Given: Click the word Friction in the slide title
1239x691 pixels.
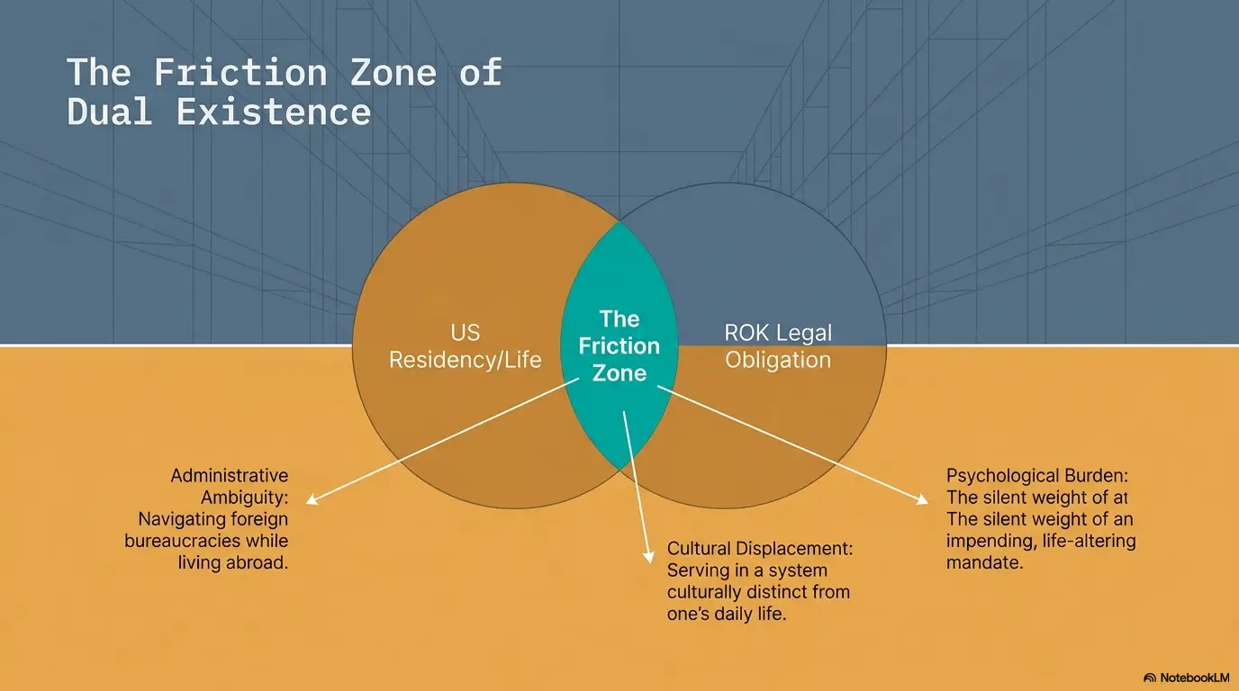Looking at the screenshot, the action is point(240,72).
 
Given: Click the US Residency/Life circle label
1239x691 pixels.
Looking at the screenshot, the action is point(466,346).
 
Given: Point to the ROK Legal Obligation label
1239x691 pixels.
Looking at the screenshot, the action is point(778,346).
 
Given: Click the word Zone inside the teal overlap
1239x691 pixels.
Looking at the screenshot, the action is point(619,373).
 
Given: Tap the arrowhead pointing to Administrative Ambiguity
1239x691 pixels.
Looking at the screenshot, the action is point(312,499).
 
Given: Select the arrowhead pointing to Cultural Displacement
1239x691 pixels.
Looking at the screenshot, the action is point(649,557).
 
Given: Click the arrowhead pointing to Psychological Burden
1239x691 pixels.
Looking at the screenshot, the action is point(923,499).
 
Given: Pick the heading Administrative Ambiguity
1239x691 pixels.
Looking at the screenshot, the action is point(230,487).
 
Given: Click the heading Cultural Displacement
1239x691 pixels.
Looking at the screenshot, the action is point(760,548).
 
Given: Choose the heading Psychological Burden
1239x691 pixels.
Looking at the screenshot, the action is point(1037,475).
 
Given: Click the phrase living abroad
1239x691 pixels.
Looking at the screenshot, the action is point(233,562).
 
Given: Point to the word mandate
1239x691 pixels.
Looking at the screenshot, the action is point(984,562).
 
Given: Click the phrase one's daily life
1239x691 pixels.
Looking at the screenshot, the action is point(727,614).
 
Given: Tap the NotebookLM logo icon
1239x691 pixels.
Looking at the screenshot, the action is point(1150,678).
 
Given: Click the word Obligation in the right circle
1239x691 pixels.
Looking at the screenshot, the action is point(778,360).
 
